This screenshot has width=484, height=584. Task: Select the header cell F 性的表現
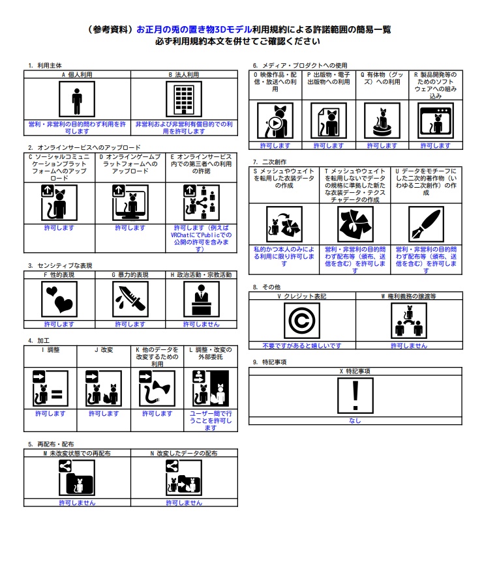(59, 275)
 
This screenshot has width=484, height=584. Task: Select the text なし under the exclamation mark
(355, 421)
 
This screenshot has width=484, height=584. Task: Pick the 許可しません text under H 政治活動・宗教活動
(202, 324)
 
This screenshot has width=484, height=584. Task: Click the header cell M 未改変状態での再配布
(77, 452)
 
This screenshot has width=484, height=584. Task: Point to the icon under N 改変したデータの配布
(183, 478)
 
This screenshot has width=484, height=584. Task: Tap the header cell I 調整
(50, 350)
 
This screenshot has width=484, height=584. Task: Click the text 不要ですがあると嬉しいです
(302, 346)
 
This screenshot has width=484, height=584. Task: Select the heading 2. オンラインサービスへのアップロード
(84, 148)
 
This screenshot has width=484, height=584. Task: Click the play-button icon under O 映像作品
(275, 121)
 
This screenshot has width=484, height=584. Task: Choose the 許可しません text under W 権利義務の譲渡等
(409, 346)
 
